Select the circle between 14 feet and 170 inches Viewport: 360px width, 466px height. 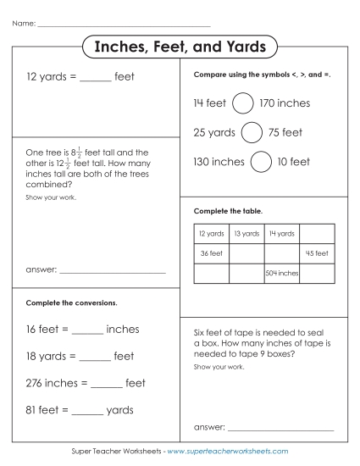[242, 103]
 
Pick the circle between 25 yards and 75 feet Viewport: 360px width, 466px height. [251, 133]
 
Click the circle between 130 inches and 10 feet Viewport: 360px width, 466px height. [261, 161]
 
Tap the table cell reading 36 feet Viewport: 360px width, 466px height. [211, 253]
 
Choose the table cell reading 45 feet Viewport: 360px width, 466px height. [316, 253]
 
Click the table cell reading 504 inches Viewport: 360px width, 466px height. [281, 274]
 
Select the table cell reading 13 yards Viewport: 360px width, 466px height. [246, 234]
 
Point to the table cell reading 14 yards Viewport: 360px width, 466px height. [281, 234]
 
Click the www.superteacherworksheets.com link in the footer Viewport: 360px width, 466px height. [228, 452]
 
